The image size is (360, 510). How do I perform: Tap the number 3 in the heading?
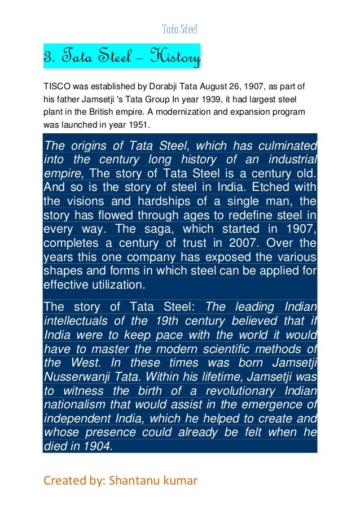(47, 57)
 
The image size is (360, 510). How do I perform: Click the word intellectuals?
(78, 321)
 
